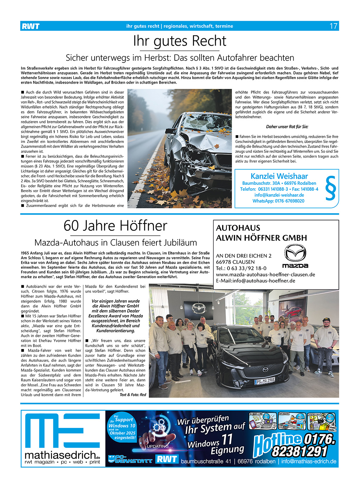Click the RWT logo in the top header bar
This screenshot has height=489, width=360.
(x=31, y=26)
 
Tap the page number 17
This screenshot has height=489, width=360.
(x=333, y=26)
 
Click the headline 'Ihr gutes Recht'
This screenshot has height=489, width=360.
(x=180, y=41)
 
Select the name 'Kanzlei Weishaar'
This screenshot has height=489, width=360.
(x=279, y=176)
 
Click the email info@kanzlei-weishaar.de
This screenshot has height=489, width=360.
(x=279, y=195)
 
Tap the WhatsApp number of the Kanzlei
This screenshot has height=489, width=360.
(x=278, y=201)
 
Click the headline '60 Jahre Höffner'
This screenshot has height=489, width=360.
(x=115, y=226)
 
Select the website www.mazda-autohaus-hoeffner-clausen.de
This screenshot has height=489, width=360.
(x=265, y=274)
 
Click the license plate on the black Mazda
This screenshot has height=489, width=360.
(x=265, y=380)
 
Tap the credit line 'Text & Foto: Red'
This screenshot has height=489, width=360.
(x=133, y=395)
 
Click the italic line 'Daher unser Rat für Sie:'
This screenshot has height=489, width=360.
(x=287, y=126)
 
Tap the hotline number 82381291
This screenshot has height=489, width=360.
(x=300, y=451)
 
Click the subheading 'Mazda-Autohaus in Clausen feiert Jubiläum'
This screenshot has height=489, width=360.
(x=115, y=242)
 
